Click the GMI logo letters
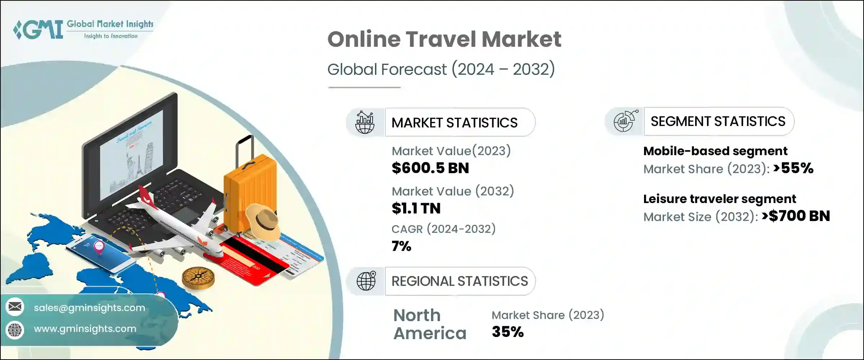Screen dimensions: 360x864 coord(40,30)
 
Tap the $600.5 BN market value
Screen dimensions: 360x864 coord(430,168)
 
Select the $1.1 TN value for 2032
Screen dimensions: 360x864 coord(416,208)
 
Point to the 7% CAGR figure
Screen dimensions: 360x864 coord(401,246)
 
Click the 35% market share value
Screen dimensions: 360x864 coord(508,332)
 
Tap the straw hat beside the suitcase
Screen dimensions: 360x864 coord(263,220)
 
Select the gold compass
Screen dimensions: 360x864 coord(198,277)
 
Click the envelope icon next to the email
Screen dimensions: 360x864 coord(15,307)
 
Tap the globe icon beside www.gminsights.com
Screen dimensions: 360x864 coord(15,329)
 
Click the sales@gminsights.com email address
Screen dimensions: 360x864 coord(89,308)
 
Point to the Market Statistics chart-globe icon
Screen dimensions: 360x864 coord(365,122)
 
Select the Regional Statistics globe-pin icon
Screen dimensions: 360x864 coord(366,281)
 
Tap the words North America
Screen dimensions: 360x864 coord(429,324)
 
